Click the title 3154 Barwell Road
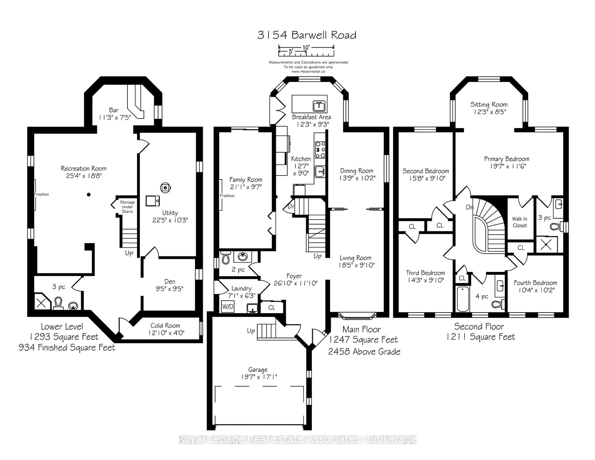307,35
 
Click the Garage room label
258,370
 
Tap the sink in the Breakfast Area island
319,106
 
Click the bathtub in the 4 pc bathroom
463,299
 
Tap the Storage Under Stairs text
127,207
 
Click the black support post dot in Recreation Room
88,195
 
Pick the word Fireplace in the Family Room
227,196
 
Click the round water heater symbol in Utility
165,188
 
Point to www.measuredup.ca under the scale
308,71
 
